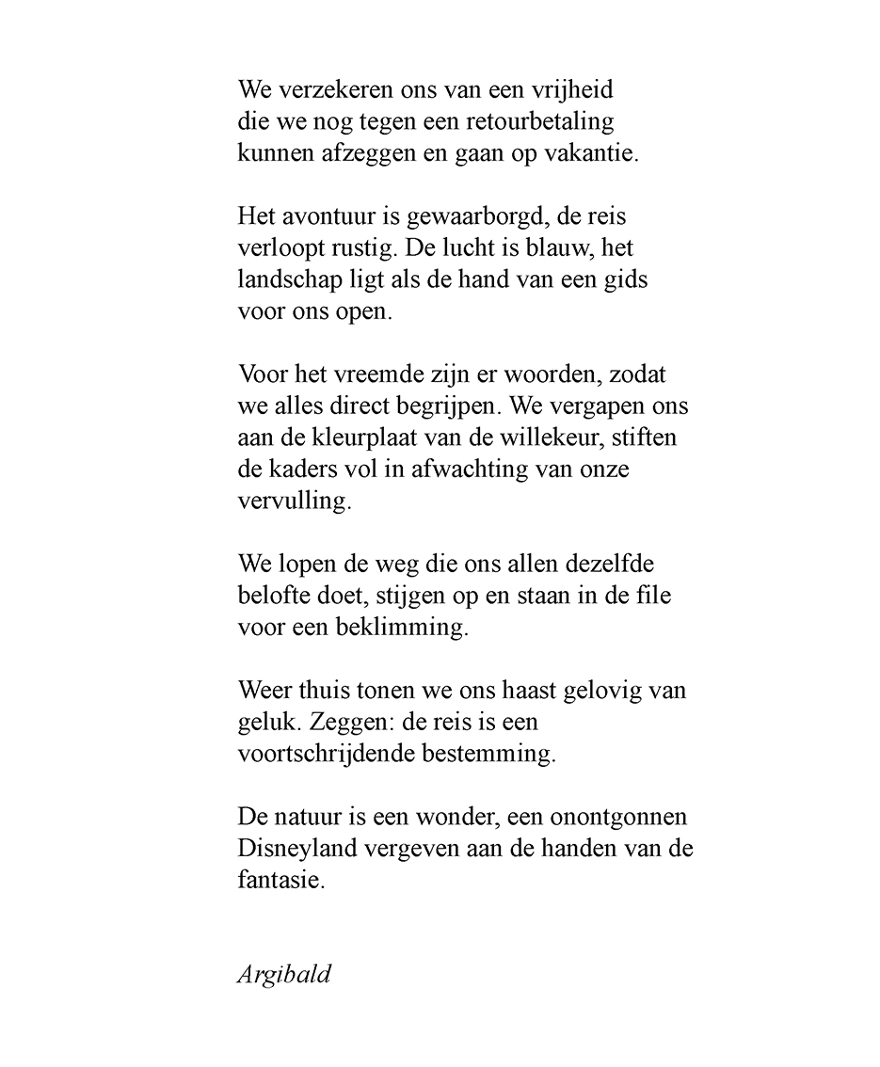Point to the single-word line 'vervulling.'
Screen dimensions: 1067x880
click(x=295, y=501)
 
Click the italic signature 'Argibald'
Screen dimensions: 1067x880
click(x=283, y=974)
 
